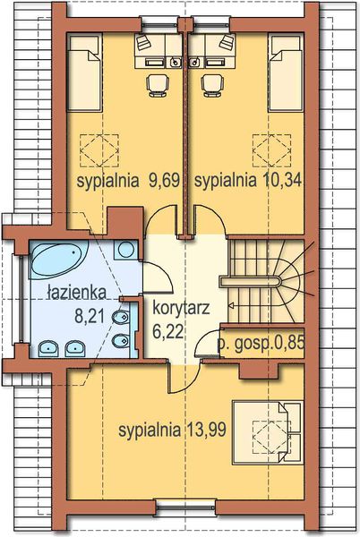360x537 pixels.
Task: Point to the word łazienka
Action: (x=76, y=293)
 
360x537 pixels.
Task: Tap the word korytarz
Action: (x=181, y=309)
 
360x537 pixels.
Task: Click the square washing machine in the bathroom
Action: (x=125, y=251)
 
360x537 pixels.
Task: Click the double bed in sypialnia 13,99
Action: (x=263, y=430)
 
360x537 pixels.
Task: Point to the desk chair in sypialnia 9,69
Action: (x=158, y=83)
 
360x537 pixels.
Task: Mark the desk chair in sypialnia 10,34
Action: (x=212, y=83)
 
